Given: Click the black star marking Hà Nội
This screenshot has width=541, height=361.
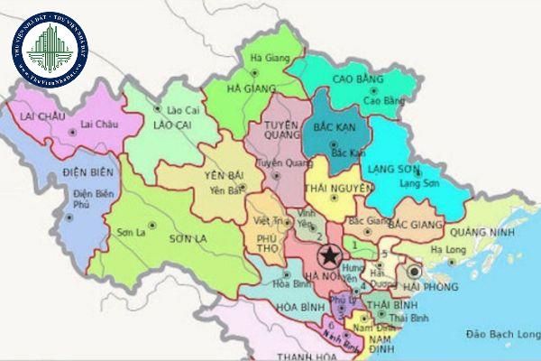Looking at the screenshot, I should click(x=327, y=255).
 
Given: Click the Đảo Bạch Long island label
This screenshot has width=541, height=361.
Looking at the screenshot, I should click(x=497, y=334).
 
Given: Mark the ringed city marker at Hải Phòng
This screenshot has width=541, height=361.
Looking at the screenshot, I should click(x=415, y=270).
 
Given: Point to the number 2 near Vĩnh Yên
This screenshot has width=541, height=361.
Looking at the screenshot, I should click(x=318, y=236).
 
